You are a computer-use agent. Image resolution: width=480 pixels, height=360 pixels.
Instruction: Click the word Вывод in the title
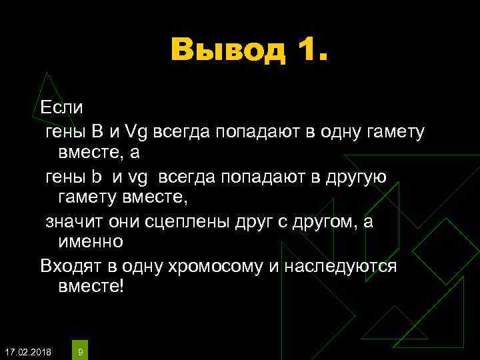(227, 50)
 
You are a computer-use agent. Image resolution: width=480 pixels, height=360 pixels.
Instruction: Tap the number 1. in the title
(307, 50)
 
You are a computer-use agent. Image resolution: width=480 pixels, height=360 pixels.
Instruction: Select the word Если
(62, 107)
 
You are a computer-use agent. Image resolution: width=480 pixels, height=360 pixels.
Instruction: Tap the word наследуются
(341, 267)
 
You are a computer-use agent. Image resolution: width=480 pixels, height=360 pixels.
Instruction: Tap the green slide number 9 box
(80, 350)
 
